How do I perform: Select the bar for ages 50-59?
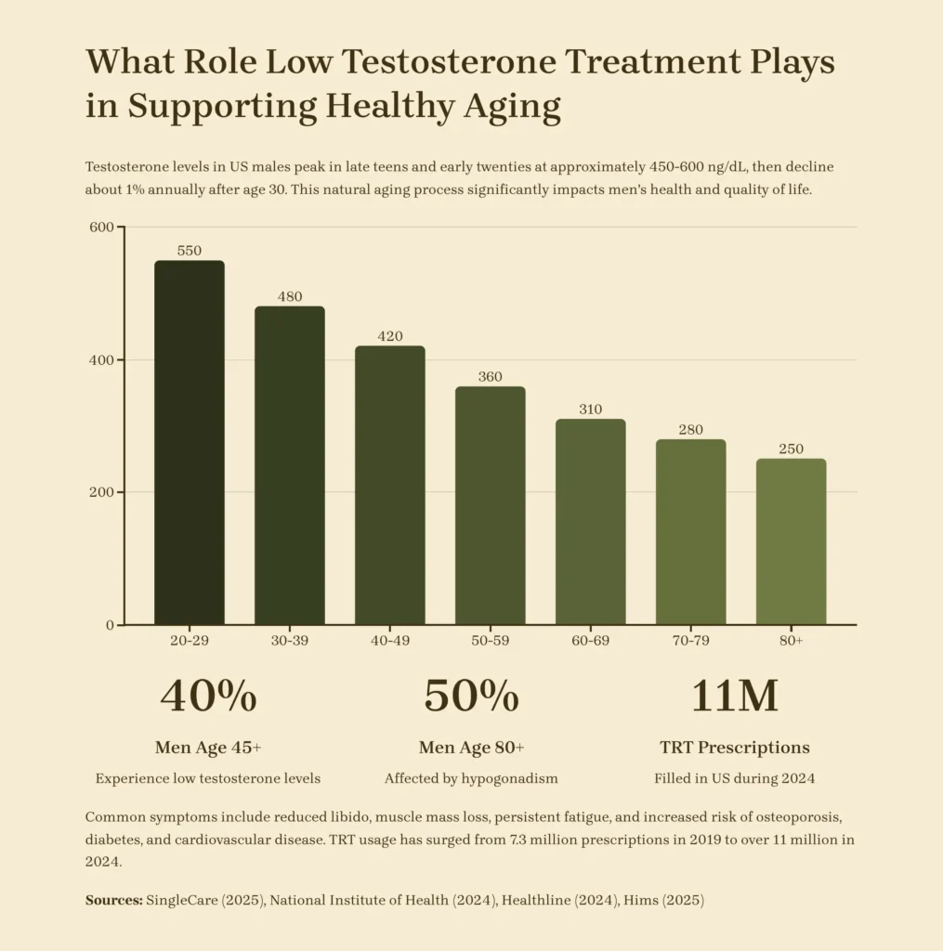tap(490, 505)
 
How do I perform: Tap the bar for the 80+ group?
tap(791, 541)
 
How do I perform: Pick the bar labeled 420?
tap(390, 485)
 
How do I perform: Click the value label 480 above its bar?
tap(290, 297)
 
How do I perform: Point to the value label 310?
tap(590, 410)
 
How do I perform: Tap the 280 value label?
tap(690, 430)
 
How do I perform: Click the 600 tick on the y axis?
tap(100, 228)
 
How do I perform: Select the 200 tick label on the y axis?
tap(100, 492)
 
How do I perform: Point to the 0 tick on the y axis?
tap(109, 625)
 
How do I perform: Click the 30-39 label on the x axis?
tap(290, 642)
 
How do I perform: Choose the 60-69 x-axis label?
tap(590, 642)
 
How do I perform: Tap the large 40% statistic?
tap(208, 697)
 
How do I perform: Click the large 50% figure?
tap(471, 697)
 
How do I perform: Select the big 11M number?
tap(734, 697)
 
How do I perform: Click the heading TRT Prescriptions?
tap(734, 748)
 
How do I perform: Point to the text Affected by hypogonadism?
tap(471, 778)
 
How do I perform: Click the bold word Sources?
tap(113, 900)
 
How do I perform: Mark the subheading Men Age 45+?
tap(208, 748)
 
